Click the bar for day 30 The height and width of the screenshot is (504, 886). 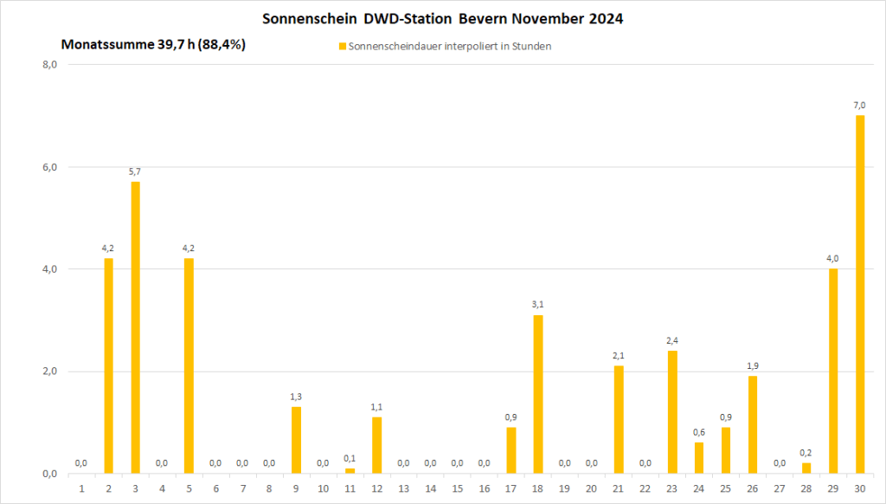(860, 294)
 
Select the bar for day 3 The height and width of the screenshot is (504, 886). (136, 327)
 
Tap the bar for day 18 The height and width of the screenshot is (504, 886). (538, 394)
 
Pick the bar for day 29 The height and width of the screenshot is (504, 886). (833, 371)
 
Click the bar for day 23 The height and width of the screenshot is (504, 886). (672, 411)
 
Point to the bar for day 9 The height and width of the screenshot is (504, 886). (296, 440)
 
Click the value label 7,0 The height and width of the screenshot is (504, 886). (860, 105)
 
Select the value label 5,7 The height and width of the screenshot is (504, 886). (135, 171)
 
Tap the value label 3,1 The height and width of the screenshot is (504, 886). (538, 304)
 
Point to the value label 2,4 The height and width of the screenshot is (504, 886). (672, 340)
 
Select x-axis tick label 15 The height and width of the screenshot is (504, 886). (457, 488)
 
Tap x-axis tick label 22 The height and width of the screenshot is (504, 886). (645, 488)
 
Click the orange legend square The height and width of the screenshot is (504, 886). (342, 47)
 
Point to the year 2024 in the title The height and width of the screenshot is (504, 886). (605, 18)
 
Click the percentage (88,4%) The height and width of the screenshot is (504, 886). (222, 45)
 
